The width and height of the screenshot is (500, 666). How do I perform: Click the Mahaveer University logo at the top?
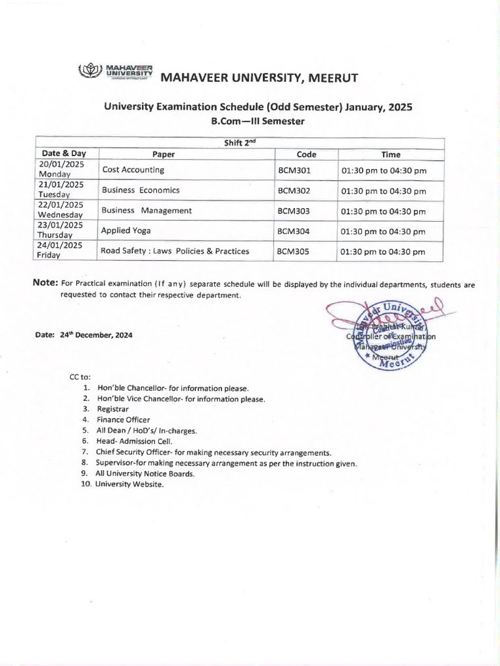[x=115, y=72]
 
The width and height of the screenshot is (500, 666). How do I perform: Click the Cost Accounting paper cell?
[x=133, y=170]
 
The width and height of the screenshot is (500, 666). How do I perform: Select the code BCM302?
[x=294, y=191]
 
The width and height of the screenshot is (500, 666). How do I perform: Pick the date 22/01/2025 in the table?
[x=61, y=205]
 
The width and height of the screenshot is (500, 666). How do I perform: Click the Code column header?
[x=306, y=154]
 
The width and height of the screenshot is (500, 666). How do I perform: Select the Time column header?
[x=391, y=154]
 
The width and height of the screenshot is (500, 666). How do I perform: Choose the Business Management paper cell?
[x=146, y=210]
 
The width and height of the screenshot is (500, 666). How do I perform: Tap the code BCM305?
[x=294, y=251]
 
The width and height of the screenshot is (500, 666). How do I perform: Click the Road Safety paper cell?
[x=174, y=251]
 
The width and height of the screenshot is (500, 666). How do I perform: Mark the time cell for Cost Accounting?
[x=383, y=171]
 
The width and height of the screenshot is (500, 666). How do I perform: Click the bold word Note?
[x=45, y=283]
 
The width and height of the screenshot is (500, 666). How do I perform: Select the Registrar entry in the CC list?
[x=113, y=409]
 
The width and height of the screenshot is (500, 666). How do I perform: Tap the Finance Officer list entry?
[x=123, y=420]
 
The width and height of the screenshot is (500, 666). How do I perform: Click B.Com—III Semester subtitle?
[x=258, y=121]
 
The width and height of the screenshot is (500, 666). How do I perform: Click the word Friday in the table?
[x=49, y=256]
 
